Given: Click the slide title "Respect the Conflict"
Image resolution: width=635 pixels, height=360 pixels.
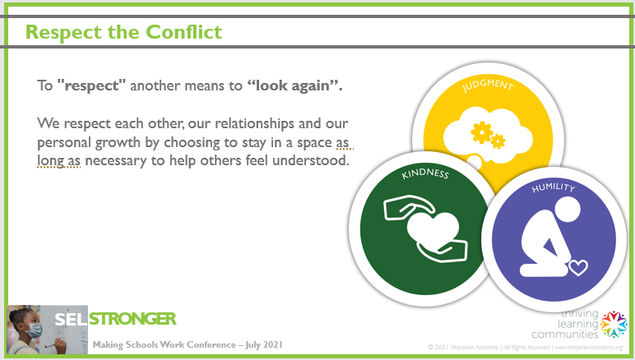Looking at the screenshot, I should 123,32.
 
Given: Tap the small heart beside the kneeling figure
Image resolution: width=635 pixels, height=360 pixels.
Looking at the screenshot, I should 578,266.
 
